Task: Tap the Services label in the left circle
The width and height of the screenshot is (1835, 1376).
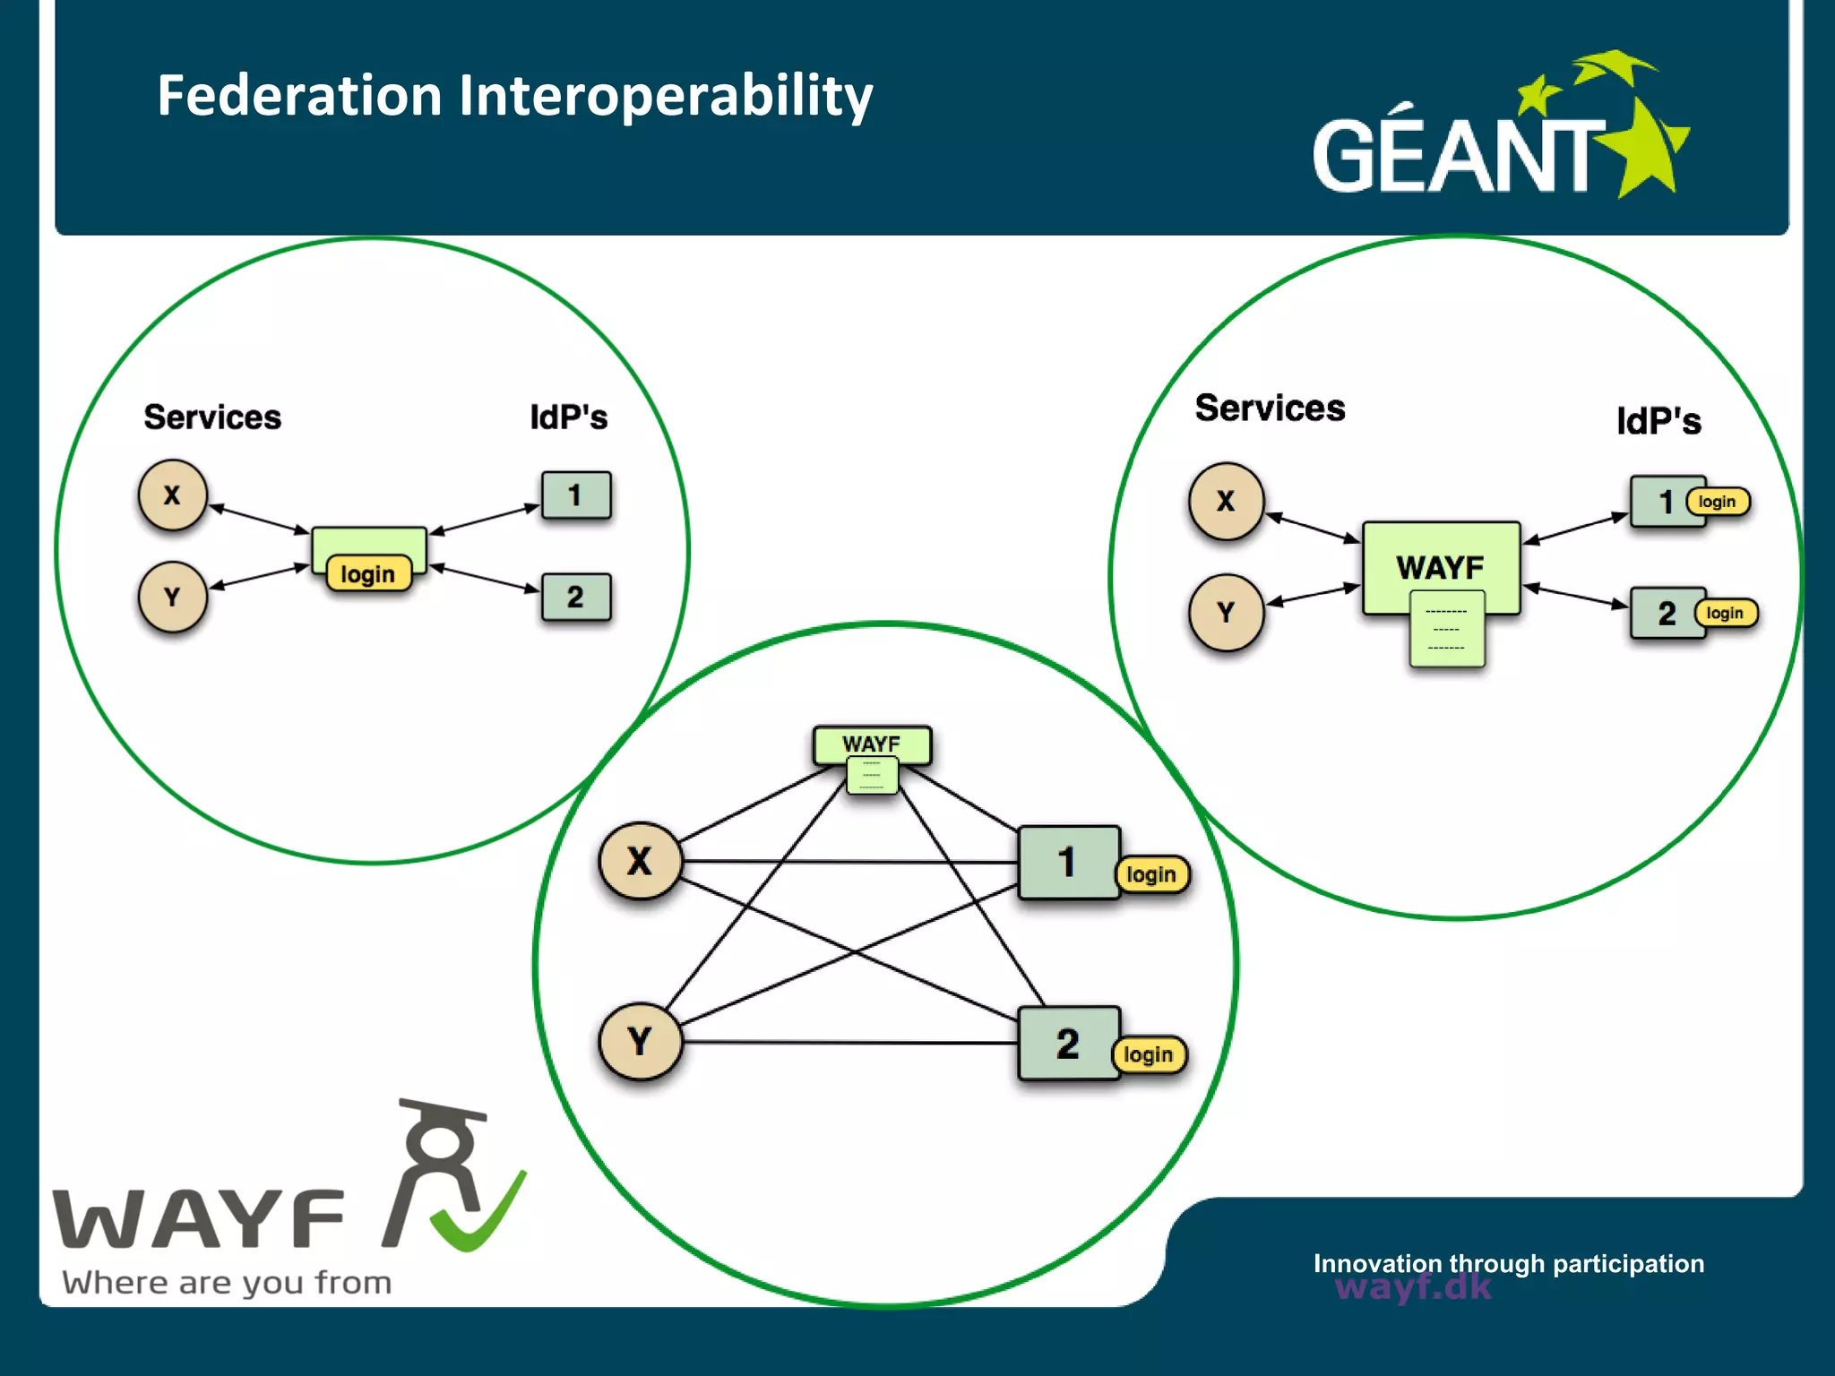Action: click(x=212, y=417)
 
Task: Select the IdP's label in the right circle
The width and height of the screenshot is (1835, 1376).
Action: click(x=1658, y=421)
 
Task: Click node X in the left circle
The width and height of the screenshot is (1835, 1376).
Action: click(x=173, y=495)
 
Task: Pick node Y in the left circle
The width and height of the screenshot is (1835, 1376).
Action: click(x=173, y=597)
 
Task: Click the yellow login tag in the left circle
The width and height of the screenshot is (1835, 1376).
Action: click(x=368, y=574)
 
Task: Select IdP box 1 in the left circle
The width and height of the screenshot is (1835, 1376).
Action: click(x=576, y=495)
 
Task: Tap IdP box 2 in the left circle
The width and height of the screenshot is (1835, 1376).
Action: click(x=576, y=597)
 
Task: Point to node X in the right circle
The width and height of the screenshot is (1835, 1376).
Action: click(x=1226, y=502)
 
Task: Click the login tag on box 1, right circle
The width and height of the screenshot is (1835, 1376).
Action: click(x=1717, y=502)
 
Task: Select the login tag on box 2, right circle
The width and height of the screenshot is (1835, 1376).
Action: click(x=1725, y=614)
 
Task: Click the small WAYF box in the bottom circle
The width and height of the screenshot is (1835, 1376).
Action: click(x=871, y=744)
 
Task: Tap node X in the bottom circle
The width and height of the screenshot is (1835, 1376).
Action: click(x=640, y=861)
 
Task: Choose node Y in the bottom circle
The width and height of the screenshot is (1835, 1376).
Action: click(x=640, y=1042)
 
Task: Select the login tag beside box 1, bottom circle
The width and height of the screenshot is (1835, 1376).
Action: click(x=1151, y=874)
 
